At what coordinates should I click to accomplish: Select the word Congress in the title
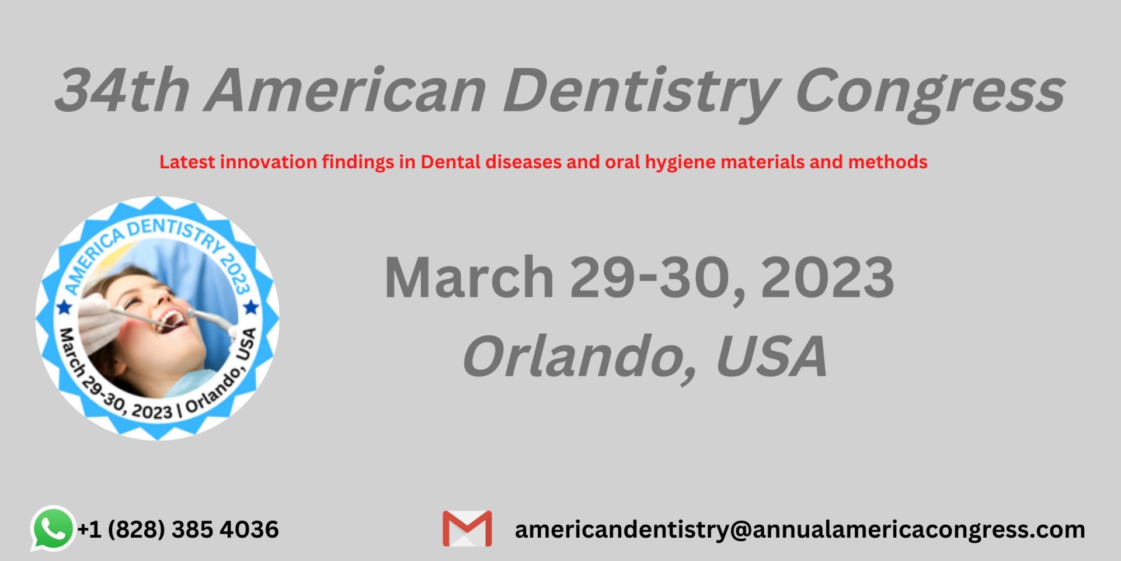[x=931, y=93]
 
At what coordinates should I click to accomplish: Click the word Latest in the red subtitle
[x=187, y=162]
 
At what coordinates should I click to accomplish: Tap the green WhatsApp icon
[x=53, y=528]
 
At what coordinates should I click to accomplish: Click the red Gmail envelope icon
[x=467, y=529]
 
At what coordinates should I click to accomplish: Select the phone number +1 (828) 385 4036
[x=178, y=529]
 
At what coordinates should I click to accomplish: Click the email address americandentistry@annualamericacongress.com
[x=800, y=530]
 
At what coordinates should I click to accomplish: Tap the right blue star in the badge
[x=251, y=306]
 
